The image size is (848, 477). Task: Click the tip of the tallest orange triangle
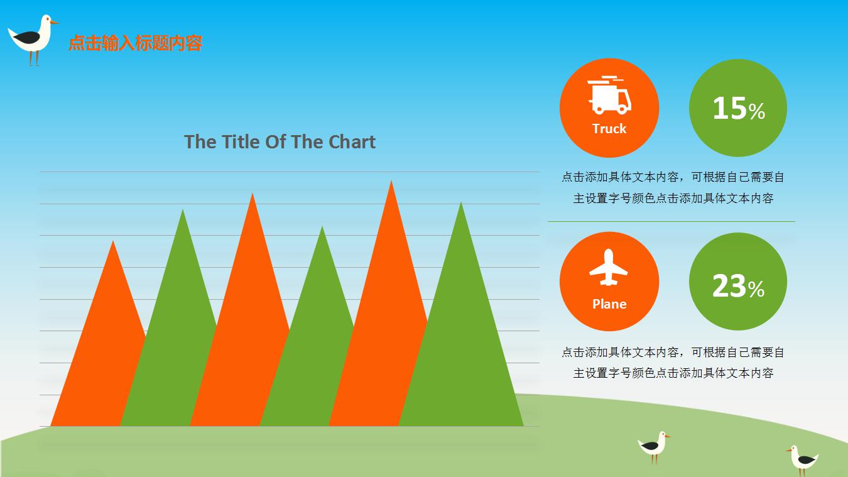pyautogui.click(x=391, y=181)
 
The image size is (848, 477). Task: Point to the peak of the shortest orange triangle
pyautogui.click(x=113, y=241)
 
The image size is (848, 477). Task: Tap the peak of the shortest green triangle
pyautogui.click(x=322, y=227)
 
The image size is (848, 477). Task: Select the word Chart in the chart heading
pyautogui.click(x=352, y=142)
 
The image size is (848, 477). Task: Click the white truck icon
pyautogui.click(x=609, y=95)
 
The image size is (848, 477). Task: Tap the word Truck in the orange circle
pyautogui.click(x=609, y=129)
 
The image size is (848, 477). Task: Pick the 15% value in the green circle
pyautogui.click(x=739, y=108)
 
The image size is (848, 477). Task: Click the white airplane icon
pyautogui.click(x=609, y=267)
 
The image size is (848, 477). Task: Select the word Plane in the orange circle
pyautogui.click(x=609, y=304)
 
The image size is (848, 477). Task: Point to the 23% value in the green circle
pyautogui.click(x=738, y=286)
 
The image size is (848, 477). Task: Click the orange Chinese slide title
pyautogui.click(x=135, y=43)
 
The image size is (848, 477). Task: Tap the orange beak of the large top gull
pyautogui.click(x=55, y=23)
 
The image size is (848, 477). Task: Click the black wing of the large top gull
pyautogui.click(x=26, y=38)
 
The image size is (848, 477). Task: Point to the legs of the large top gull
pyautogui.click(x=34, y=58)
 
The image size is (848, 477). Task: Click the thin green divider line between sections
pyautogui.click(x=671, y=222)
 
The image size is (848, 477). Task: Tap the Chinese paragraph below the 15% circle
pyautogui.click(x=673, y=187)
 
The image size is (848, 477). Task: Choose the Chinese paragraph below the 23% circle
pyautogui.click(x=673, y=363)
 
